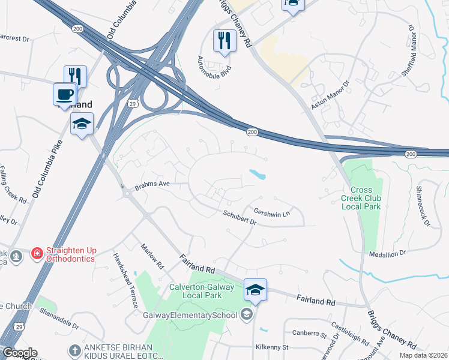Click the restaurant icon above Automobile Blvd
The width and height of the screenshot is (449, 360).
pos(224,41)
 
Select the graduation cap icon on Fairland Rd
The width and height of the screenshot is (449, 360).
pos(255,290)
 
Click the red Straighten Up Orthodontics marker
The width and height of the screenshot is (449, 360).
pos(37,254)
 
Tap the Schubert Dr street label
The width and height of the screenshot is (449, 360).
pos(240,217)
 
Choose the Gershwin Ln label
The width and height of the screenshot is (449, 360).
pos(272,212)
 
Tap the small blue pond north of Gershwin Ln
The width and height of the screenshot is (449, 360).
pos(257,175)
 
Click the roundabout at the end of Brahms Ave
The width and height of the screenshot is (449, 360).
pos(127,193)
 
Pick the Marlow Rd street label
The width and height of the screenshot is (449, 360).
pos(152,256)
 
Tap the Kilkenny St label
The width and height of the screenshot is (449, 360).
pos(272,347)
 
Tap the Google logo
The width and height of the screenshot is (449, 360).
pos(19,353)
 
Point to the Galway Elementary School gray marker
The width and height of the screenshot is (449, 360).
pos(247,314)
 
